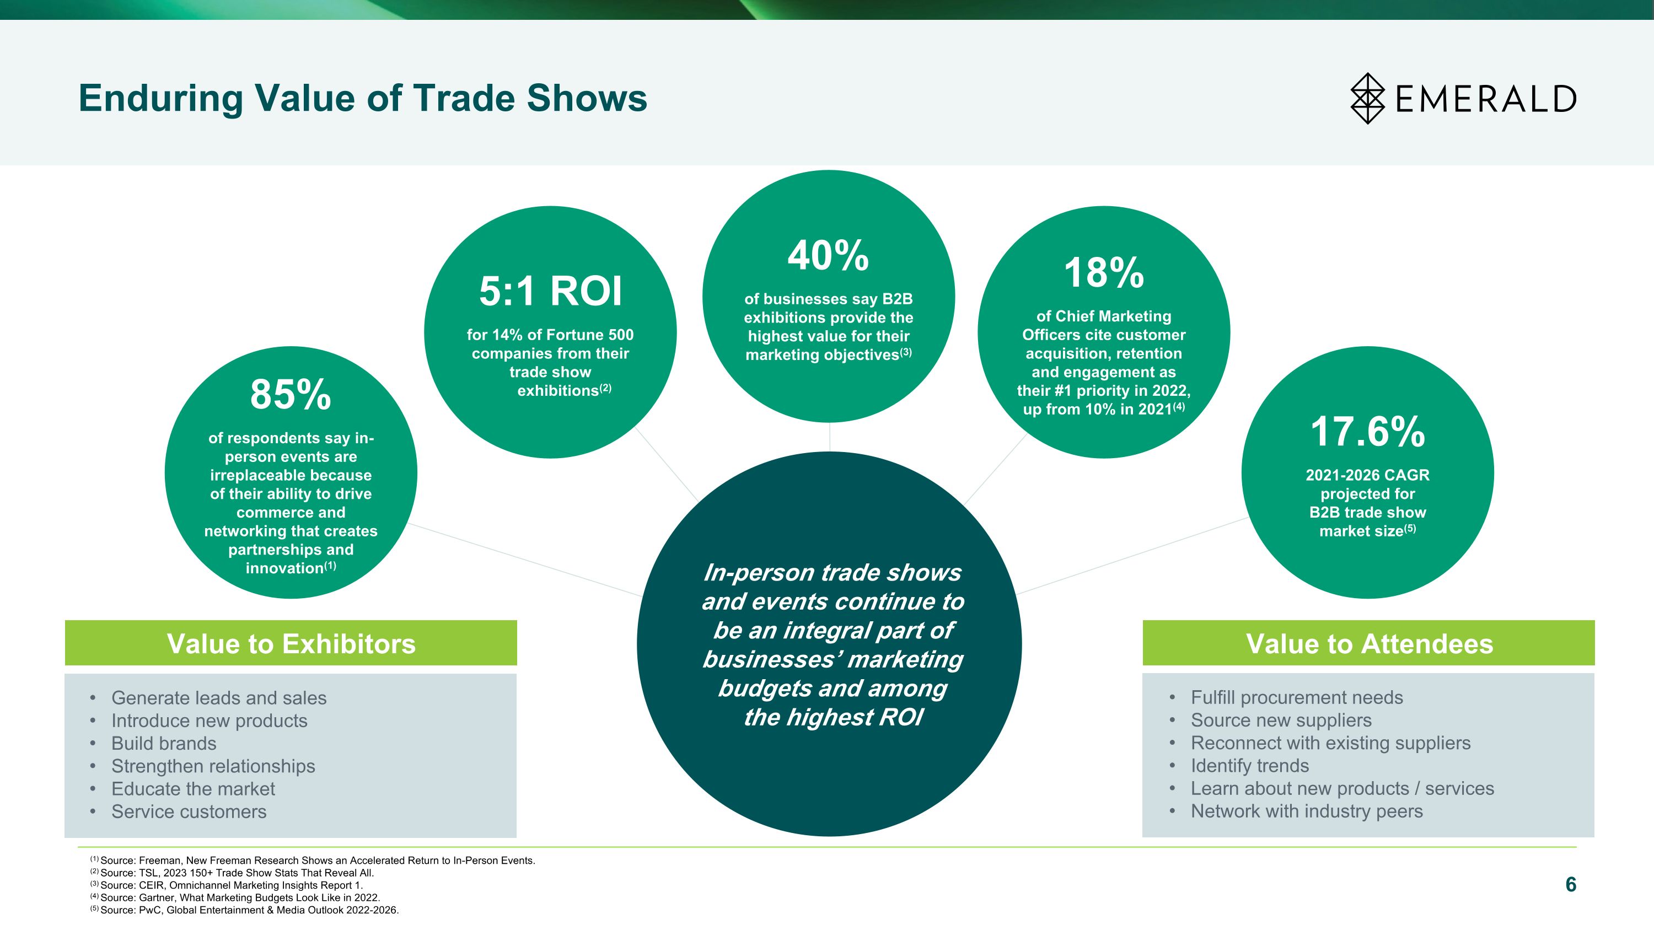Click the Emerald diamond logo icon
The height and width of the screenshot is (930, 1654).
click(1368, 98)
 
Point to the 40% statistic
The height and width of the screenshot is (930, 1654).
click(828, 255)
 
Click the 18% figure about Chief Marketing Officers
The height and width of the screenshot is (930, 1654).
click(1104, 273)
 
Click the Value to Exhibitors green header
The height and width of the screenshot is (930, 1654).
click(291, 643)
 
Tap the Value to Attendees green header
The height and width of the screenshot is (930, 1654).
click(1369, 643)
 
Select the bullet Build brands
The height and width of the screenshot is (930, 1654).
click(164, 743)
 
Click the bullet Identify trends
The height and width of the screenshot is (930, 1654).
click(1249, 766)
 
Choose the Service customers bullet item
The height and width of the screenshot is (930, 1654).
click(189, 812)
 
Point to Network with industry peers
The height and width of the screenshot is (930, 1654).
click(1307, 811)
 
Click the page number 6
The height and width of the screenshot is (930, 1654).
click(1571, 884)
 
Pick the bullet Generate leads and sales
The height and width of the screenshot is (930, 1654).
click(219, 698)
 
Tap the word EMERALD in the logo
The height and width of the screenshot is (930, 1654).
click(1486, 99)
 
